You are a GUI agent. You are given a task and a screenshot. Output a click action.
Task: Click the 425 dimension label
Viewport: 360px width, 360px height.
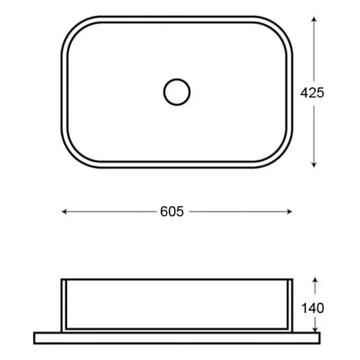click(x=312, y=93)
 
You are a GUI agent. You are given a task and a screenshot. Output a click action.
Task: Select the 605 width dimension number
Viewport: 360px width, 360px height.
click(x=172, y=211)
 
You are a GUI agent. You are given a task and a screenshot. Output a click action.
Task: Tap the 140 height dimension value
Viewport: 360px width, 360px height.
click(x=312, y=308)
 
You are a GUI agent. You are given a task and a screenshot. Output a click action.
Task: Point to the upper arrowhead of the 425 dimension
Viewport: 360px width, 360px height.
click(x=314, y=19)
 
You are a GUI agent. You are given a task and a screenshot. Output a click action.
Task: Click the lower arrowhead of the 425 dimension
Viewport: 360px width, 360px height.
click(x=314, y=165)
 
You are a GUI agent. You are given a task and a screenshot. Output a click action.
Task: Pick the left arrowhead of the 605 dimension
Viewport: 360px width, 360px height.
click(x=64, y=211)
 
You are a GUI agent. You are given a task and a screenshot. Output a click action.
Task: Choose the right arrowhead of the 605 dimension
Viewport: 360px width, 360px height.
click(x=289, y=211)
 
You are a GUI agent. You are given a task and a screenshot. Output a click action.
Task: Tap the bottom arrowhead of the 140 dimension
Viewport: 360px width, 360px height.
click(x=315, y=329)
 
